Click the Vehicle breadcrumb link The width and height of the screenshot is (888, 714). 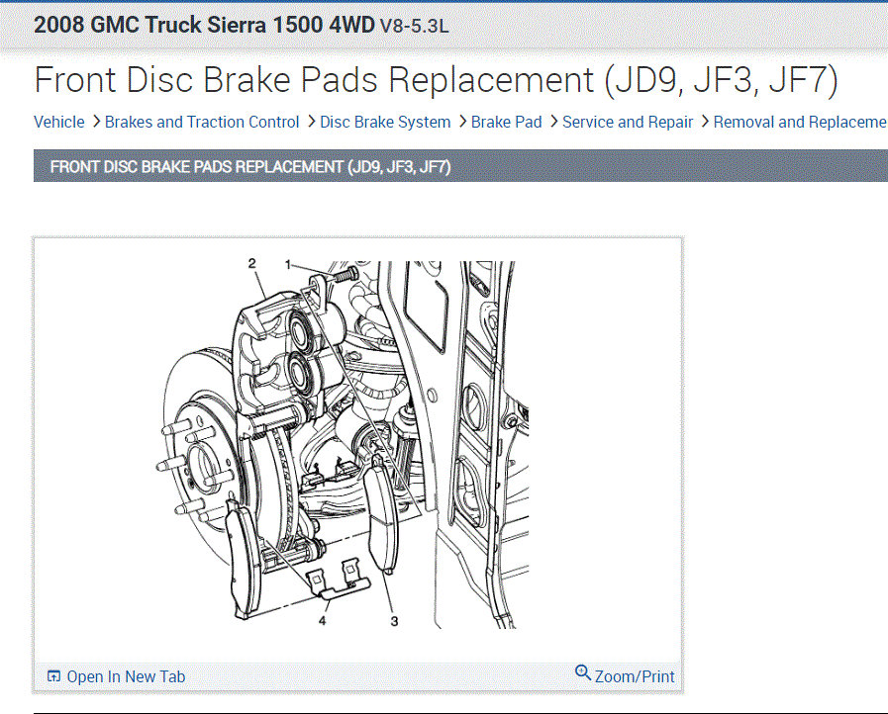58,123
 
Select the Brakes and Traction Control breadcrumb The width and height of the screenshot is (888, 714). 202,123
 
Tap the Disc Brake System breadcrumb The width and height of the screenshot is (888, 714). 385,123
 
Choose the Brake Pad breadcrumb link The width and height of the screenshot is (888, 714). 506,123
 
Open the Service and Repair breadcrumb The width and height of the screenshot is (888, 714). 628,123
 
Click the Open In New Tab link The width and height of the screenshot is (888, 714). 126,676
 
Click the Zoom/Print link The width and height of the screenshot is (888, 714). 635,676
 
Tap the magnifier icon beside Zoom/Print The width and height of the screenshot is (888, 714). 583,672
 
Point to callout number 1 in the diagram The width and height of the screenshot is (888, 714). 288,264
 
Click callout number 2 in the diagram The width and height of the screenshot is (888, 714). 252,263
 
